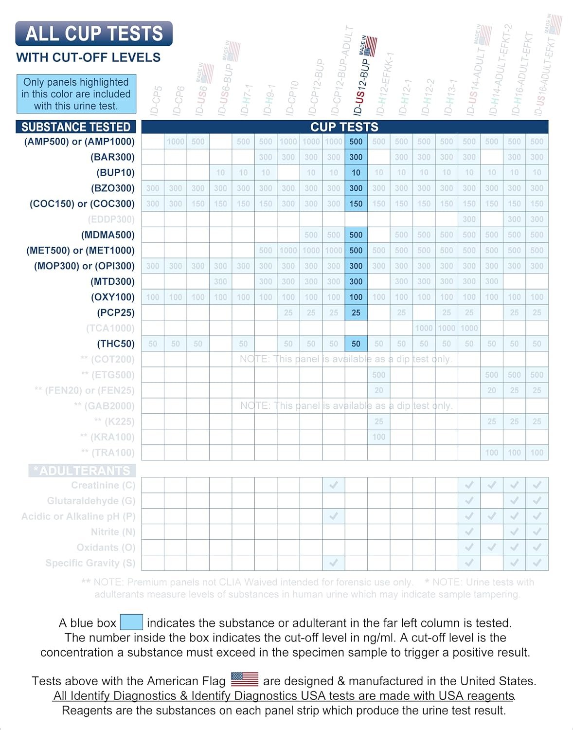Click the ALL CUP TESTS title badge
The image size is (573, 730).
pyautogui.click(x=94, y=34)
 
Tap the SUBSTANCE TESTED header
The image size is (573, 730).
pyautogui.click(x=76, y=127)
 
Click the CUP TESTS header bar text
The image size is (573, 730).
pyautogui.click(x=344, y=127)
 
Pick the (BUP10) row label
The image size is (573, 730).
pyautogui.click(x=115, y=173)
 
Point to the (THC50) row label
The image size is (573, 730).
pyautogui.click(x=116, y=344)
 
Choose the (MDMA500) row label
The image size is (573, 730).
pyautogui.click(x=107, y=235)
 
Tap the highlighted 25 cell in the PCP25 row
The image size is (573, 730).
pyautogui.click(x=356, y=313)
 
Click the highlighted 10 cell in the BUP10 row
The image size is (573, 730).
pyautogui.click(x=356, y=173)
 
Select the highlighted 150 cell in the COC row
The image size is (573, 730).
pyautogui.click(x=356, y=204)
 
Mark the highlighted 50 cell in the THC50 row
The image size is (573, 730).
pyautogui.click(x=356, y=344)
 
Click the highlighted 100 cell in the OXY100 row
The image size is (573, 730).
pyautogui.click(x=356, y=297)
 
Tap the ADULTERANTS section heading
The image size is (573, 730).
pyautogui.click(x=82, y=471)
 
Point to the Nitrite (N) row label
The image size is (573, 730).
pyautogui.click(x=113, y=532)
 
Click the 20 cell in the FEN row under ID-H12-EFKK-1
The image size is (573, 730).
pyautogui.click(x=379, y=390)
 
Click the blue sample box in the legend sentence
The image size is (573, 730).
pyautogui.click(x=131, y=622)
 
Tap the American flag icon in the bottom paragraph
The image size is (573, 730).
pyautogui.click(x=245, y=679)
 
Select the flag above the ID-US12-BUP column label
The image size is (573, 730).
pyautogui.click(x=370, y=46)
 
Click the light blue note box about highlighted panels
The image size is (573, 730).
pyautogui.click(x=76, y=94)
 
